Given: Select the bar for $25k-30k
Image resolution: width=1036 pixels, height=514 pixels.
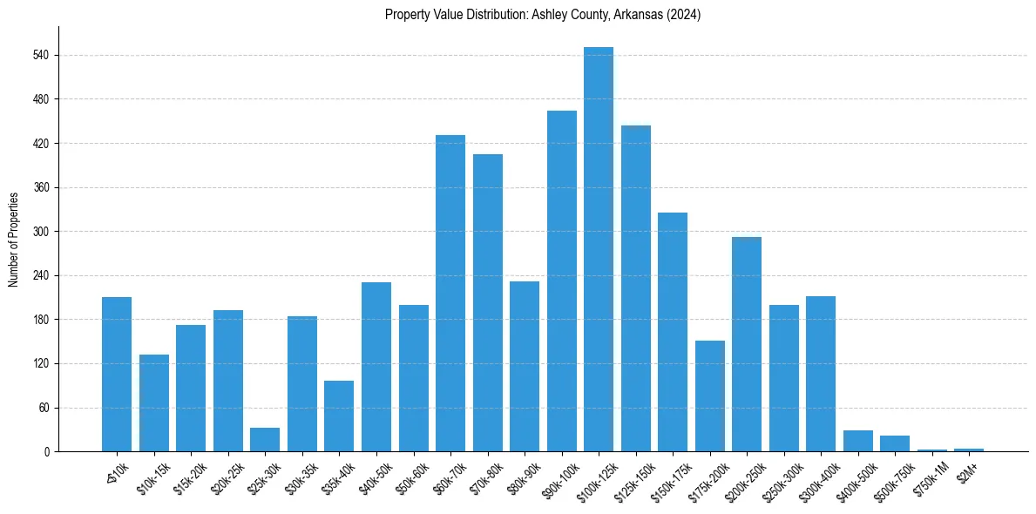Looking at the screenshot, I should [265, 440].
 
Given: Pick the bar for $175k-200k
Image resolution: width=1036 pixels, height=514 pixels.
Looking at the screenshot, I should [710, 396].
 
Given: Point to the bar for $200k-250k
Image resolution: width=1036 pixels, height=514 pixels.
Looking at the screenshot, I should [747, 344].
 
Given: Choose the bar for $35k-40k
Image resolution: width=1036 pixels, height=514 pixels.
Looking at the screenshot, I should [339, 416].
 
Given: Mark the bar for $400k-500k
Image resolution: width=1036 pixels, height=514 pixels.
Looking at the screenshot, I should [858, 441].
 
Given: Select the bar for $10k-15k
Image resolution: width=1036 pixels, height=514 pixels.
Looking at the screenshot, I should [154, 403].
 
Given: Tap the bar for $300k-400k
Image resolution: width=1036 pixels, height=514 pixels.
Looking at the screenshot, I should [821, 374].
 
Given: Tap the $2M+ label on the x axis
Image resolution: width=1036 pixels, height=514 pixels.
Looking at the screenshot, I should [967, 470].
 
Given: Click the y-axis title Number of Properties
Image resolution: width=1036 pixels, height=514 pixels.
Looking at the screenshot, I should [14, 240].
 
